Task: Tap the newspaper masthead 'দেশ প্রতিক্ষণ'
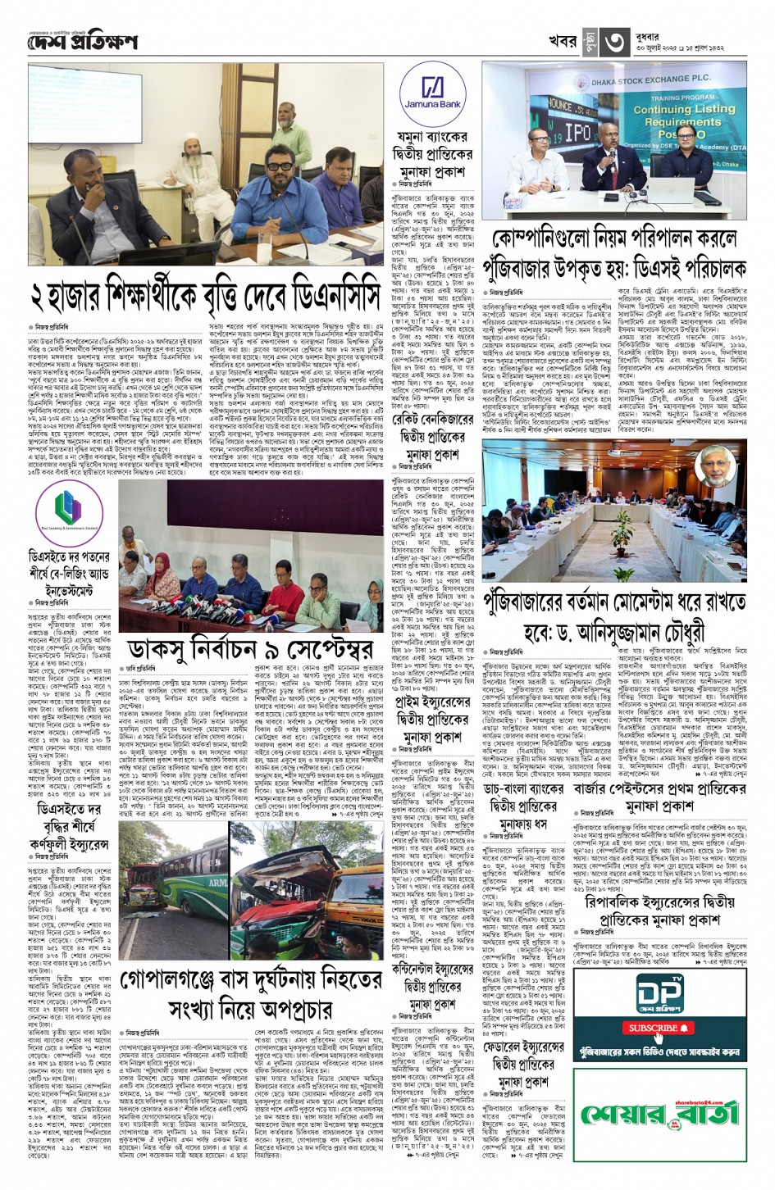(x=82, y=41)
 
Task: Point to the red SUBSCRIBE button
(x=659, y=1028)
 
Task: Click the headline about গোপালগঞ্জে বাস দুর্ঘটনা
(x=251, y=993)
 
